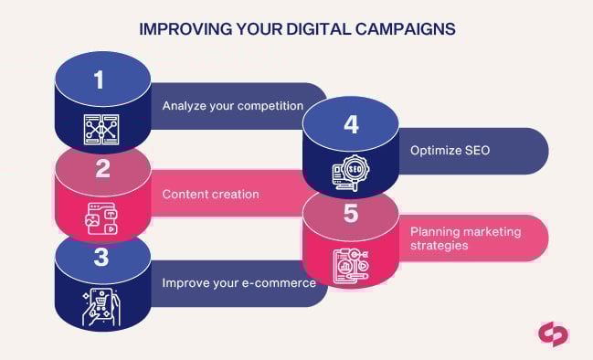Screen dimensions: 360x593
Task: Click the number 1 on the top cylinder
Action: pos(101,79)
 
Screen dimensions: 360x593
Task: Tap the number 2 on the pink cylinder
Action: pos(102,169)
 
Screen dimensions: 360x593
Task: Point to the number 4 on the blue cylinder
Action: pos(350,124)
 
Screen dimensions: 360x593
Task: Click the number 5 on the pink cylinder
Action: pos(350,213)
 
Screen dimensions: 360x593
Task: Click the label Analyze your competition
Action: pos(232,105)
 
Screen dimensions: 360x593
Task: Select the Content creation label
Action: pos(210,194)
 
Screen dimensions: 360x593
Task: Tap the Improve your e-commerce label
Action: pos(238,282)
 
